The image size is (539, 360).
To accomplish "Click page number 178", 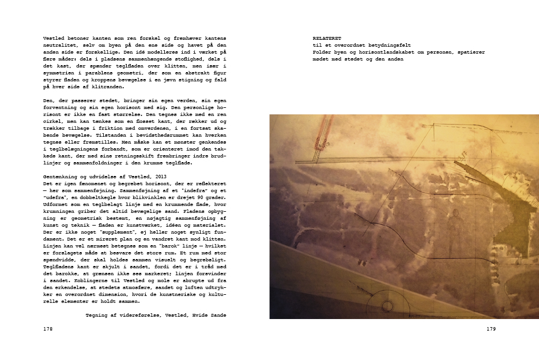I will [x=48, y=329].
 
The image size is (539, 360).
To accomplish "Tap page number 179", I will [x=491, y=329].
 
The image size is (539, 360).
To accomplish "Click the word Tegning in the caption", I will [x=97, y=315].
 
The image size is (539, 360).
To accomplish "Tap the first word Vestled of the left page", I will [x=54, y=37].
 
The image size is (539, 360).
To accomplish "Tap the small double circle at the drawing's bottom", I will [x=407, y=305].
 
